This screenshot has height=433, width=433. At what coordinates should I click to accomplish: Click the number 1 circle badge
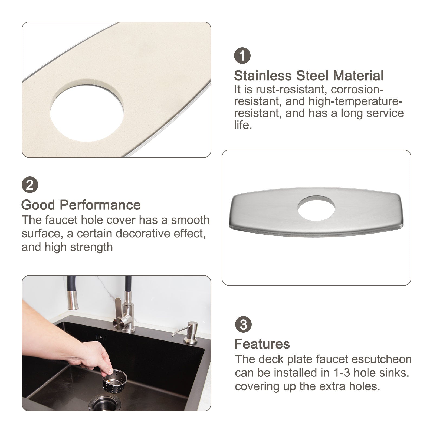242,55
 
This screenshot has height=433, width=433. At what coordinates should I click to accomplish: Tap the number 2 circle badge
30,185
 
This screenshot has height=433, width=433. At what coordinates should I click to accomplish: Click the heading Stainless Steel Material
309,76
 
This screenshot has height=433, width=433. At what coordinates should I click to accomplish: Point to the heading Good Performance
81,205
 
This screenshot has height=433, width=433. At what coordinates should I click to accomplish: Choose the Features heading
262,344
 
